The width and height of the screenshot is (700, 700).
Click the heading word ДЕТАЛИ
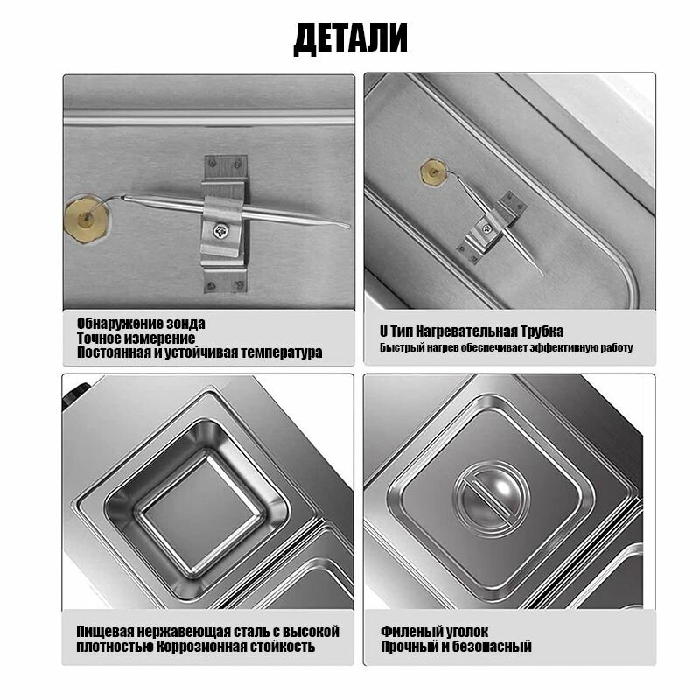pos(351,38)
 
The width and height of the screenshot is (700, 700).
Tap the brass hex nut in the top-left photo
pos(86,218)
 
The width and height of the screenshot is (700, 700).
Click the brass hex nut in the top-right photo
pos(433,171)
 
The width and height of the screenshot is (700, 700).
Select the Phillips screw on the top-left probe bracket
pos(220,231)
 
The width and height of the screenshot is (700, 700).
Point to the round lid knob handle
pos(492,499)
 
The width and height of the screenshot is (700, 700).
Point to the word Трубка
pos(542,332)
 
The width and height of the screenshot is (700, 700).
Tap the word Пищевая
pos(105,632)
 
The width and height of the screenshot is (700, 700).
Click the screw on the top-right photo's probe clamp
pos(487,229)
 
